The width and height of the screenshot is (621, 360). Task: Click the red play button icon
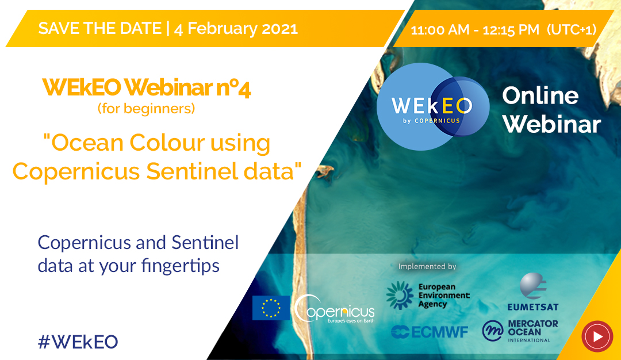tap(597, 336)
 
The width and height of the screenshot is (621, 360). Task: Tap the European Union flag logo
tap(271, 308)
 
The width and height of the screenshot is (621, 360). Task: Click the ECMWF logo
tap(430, 332)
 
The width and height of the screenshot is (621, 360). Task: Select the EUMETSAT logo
tap(533, 292)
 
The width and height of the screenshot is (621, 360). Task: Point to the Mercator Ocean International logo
tap(520, 331)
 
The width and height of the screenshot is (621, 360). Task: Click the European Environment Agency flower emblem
tap(400, 296)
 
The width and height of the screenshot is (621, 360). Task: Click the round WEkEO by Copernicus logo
tap(433, 107)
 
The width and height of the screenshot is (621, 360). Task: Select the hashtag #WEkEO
tap(78, 342)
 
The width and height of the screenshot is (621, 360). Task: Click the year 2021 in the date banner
tap(279, 29)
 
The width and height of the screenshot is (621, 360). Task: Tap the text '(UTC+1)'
tap(572, 30)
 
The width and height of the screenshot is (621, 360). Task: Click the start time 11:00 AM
tap(440, 30)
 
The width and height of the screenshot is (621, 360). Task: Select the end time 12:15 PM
tap(511, 30)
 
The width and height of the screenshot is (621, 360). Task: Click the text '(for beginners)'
tap(147, 109)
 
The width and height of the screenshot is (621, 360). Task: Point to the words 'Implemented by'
tap(427, 266)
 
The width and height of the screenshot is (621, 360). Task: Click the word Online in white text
tap(540, 96)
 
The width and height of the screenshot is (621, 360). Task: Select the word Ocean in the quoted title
tap(87, 143)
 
